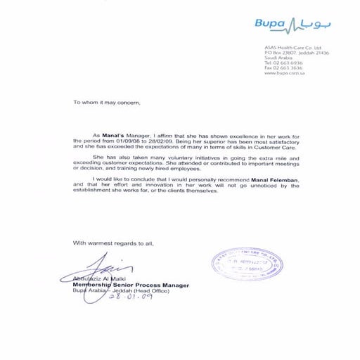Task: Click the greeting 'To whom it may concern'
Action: pyautogui.click(x=106, y=102)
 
